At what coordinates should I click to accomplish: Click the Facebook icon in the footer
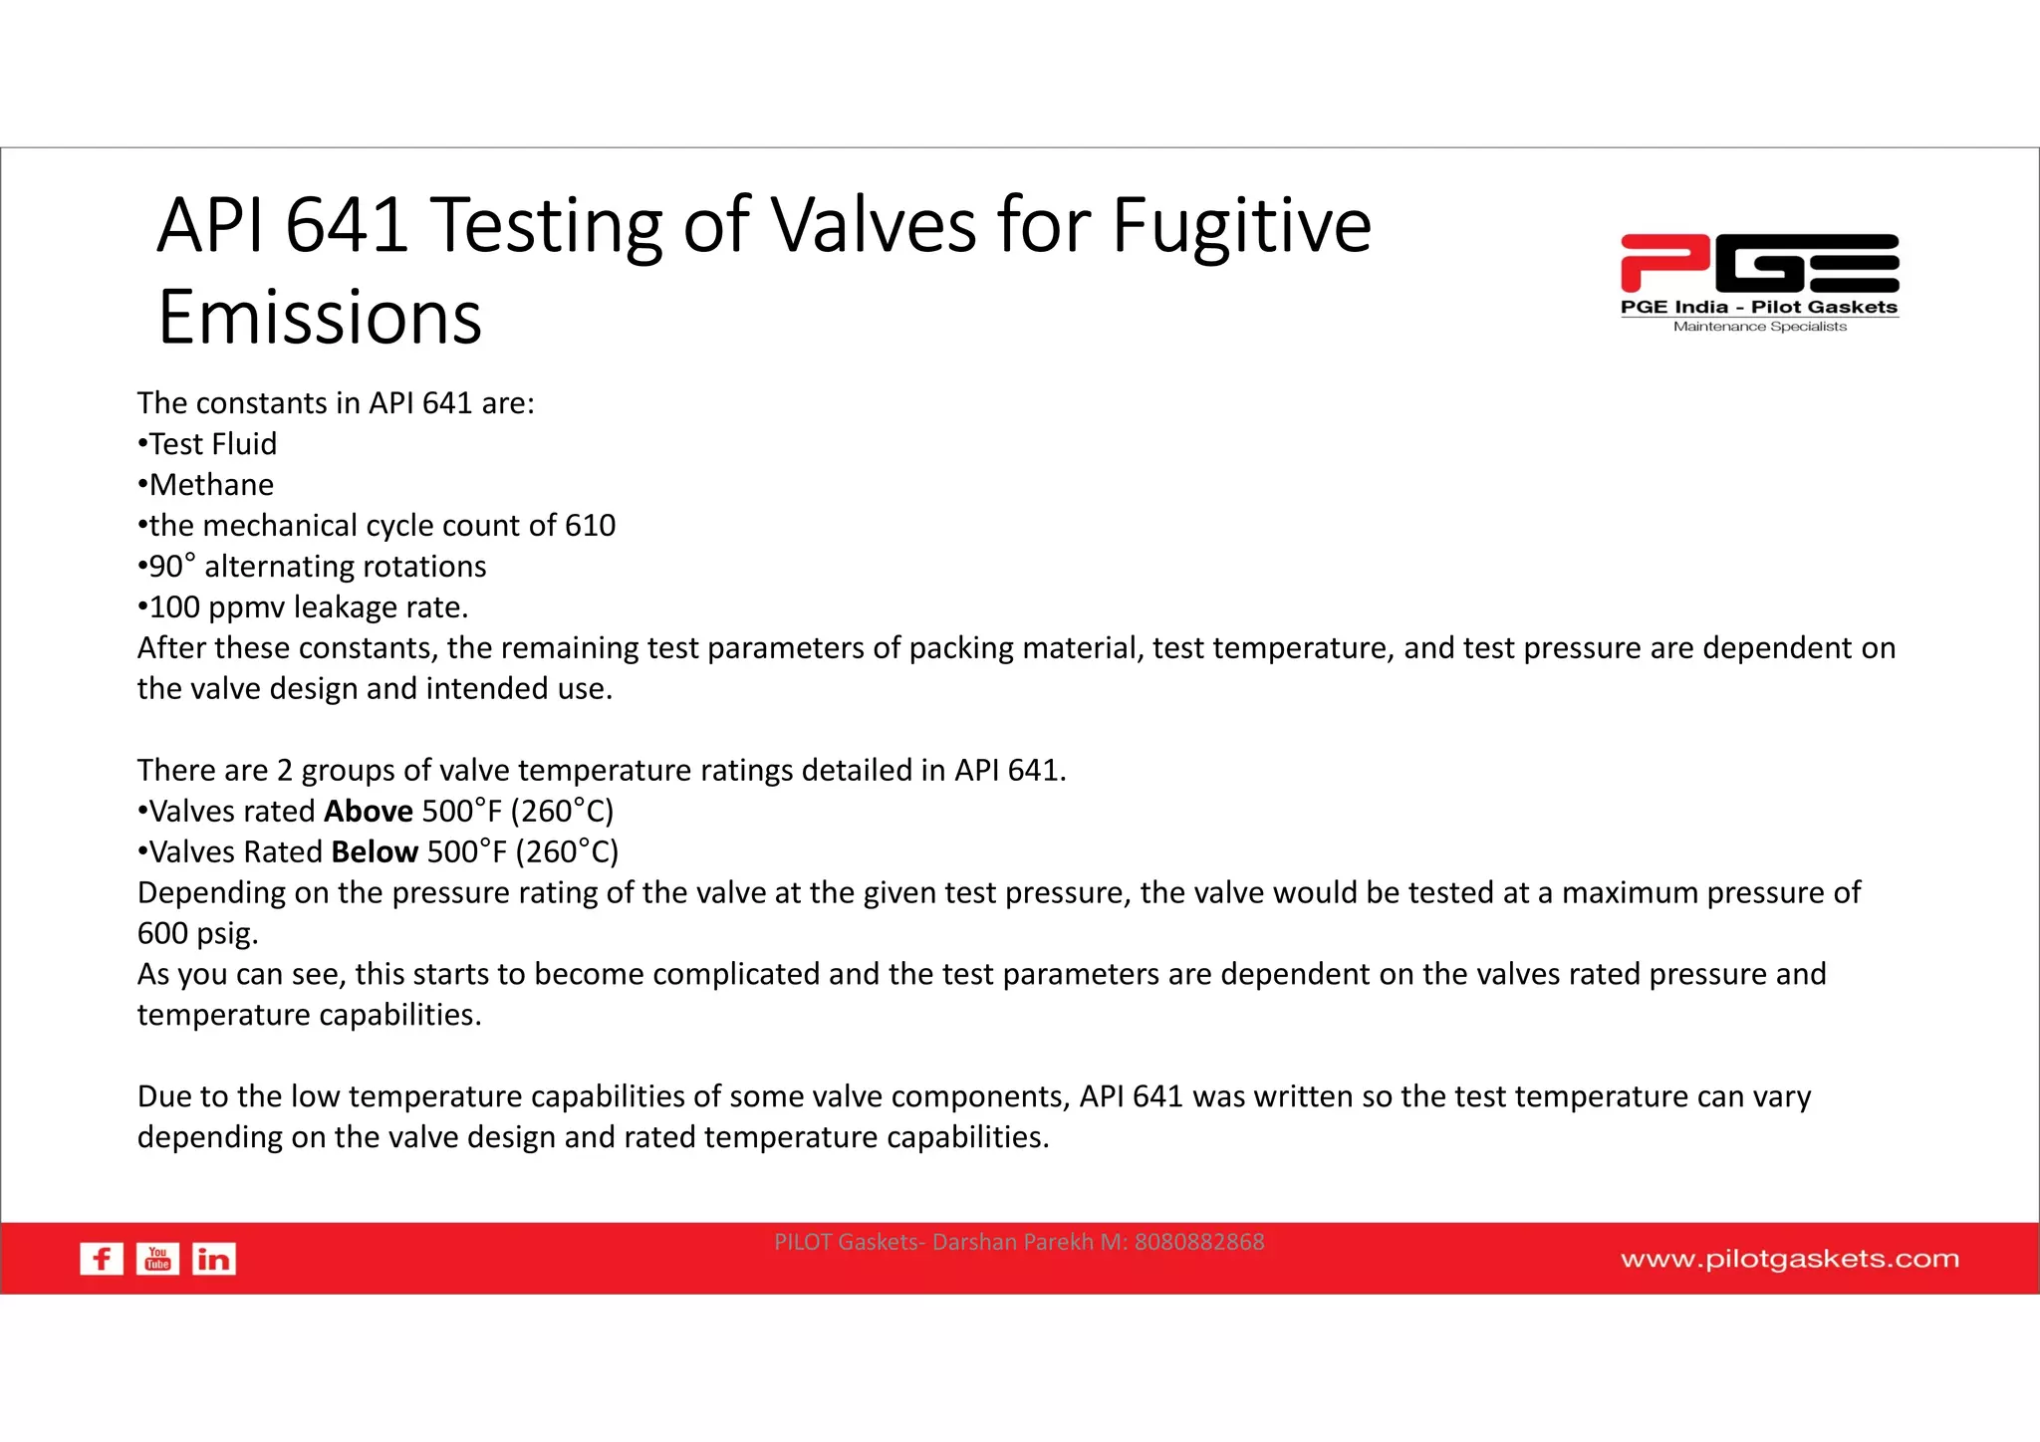coord(102,1259)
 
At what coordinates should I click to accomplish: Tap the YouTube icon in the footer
coord(157,1259)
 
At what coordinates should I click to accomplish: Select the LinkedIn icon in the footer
coord(214,1259)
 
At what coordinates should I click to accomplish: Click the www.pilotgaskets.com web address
coord(1789,1259)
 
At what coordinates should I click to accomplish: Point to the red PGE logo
coord(1759,263)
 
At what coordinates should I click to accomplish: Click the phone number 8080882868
coord(1199,1242)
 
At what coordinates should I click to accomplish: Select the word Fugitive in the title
coord(1241,225)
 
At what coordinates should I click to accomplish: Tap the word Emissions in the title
coord(320,317)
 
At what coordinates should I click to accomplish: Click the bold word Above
coord(369,811)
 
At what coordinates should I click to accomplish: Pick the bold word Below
coord(375,851)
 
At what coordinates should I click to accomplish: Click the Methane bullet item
coord(211,485)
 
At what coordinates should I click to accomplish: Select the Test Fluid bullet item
coord(213,444)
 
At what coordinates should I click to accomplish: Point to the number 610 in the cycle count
coord(590,526)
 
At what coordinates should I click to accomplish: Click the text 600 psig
coord(197,933)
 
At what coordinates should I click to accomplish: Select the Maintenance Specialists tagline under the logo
coord(1759,327)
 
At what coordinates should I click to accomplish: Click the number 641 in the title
coord(347,225)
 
